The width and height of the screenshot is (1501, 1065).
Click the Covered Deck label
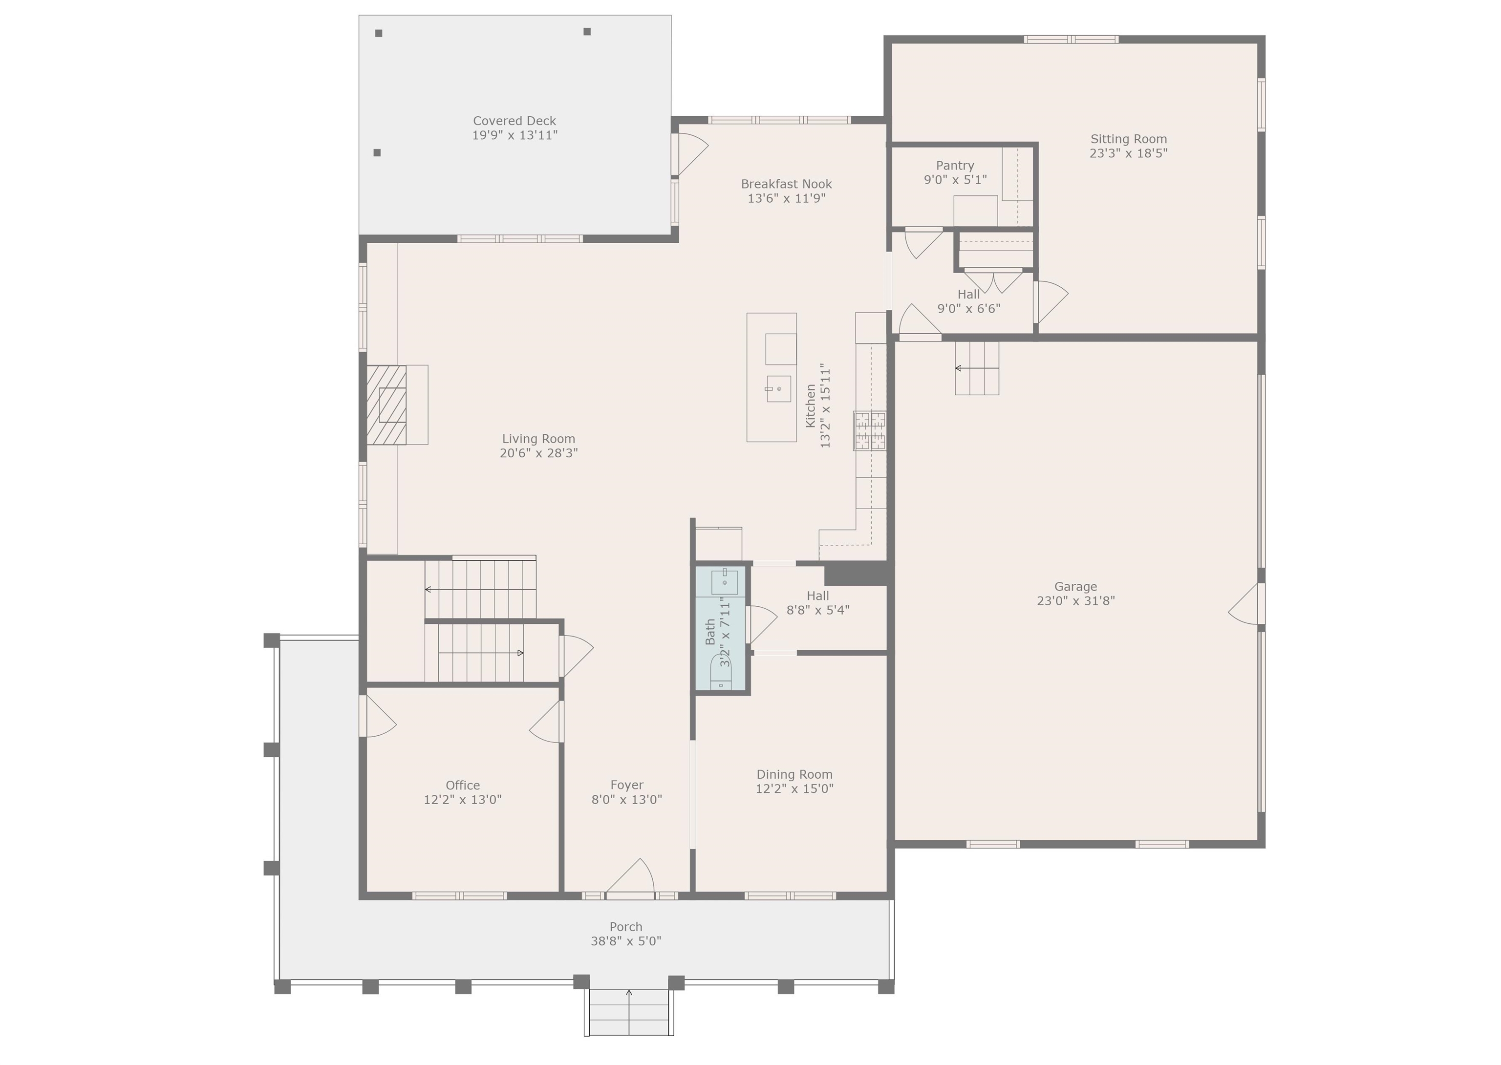pos(515,121)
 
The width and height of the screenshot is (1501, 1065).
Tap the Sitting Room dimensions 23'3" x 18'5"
pos(1129,153)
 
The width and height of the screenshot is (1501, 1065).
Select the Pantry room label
pos(955,165)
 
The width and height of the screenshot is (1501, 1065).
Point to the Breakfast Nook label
pos(786,184)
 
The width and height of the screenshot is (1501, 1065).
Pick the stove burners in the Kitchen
pos(870,431)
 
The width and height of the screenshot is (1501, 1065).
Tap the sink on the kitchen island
pos(778,389)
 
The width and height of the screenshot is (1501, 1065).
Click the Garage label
pos(1075,586)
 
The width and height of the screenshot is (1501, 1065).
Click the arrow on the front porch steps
pos(629,1012)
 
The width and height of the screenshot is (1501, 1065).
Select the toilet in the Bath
pos(721,672)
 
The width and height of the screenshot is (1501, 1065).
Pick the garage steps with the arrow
pos(976,368)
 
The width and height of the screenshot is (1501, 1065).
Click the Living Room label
pos(538,439)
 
